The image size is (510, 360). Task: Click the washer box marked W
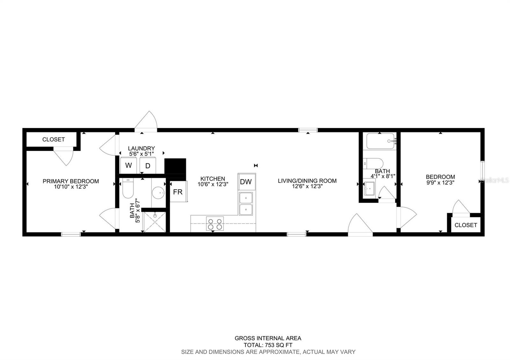128,165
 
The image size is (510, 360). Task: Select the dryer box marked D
148,166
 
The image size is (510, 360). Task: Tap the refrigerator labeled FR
178,192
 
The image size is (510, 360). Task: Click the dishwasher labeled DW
246,182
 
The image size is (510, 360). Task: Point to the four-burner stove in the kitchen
215,224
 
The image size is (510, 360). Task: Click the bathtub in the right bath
381,141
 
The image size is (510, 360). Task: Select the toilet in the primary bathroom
128,189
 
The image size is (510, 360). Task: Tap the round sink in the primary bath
158,192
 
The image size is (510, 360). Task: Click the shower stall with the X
155,221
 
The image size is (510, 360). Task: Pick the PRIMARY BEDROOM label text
71,181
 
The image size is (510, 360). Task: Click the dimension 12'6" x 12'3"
307,187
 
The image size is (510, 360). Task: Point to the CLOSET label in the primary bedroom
54,139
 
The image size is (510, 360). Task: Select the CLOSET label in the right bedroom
466,225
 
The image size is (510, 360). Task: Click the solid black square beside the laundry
175,166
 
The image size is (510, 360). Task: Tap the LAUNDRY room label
141,148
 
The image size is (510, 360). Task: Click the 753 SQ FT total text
268,345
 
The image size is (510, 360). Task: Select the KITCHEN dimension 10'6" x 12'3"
213,184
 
